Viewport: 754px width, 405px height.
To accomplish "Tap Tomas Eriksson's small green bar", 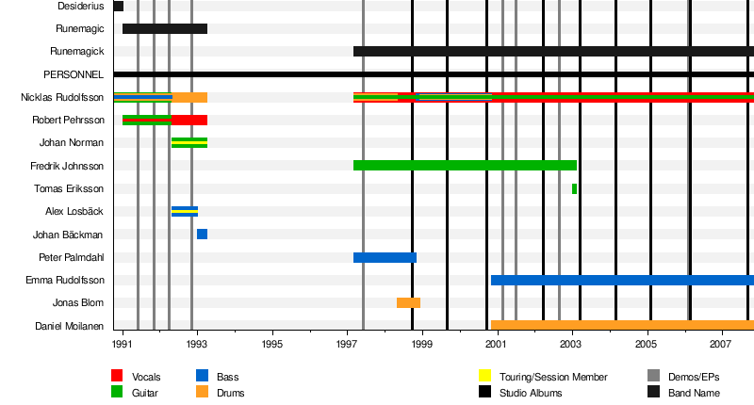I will tap(574, 188).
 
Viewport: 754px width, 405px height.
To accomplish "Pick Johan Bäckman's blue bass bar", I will tap(202, 234).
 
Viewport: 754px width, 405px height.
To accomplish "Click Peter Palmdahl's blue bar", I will tap(385, 257).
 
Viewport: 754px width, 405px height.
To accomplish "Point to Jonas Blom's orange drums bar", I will tap(408, 302).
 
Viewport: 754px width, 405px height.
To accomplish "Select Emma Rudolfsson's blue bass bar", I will tap(622, 280).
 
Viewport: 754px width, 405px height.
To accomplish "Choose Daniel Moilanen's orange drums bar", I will tap(622, 325).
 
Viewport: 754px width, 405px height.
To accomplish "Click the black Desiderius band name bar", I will tap(118, 6).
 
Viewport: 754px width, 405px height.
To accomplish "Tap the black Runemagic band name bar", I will tap(165, 28).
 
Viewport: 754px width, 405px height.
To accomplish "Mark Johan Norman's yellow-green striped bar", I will tap(189, 143).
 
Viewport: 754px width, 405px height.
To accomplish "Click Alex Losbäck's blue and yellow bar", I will tap(185, 211).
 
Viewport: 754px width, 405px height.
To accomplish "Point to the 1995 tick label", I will tap(272, 346).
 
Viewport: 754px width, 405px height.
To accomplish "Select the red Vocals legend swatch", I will tap(117, 377).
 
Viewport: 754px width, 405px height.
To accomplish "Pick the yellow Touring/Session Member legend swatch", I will tap(485, 377).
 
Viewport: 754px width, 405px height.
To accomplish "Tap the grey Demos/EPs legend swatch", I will tap(653, 377).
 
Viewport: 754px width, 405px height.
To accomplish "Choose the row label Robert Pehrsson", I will tap(68, 121).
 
